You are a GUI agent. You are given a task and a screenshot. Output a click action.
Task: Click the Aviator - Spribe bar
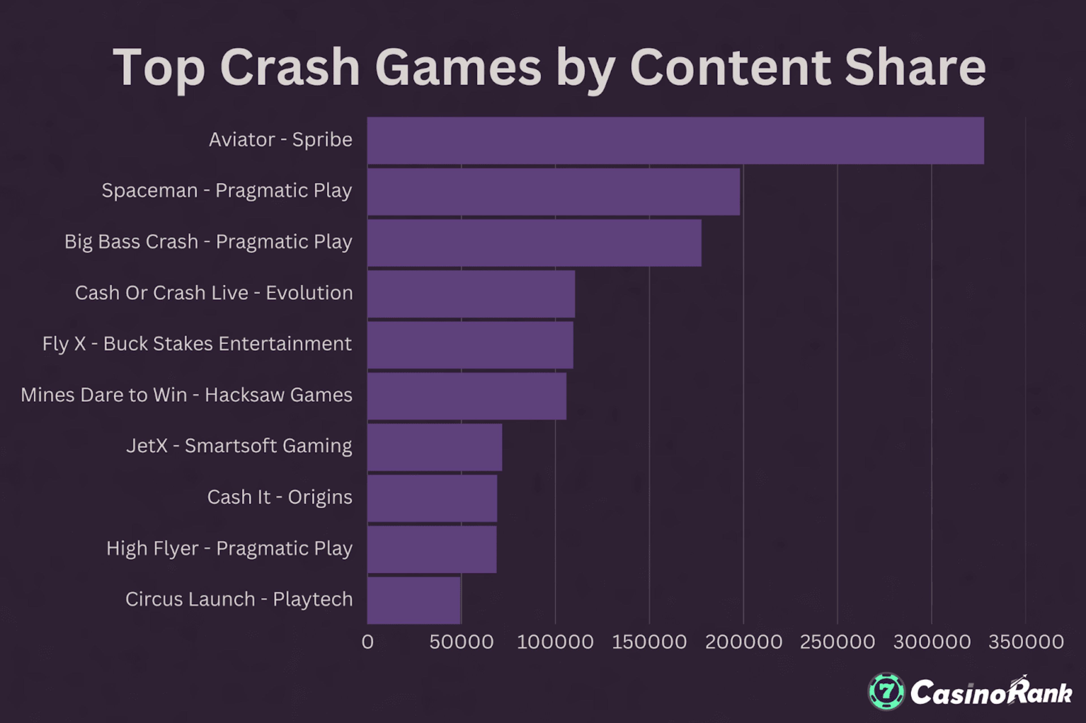pos(675,141)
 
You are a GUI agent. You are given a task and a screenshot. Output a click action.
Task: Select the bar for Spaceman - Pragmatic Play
pos(554,192)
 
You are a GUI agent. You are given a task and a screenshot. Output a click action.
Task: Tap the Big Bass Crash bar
pos(534,243)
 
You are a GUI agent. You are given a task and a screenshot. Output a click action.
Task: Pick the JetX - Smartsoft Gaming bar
pos(435,447)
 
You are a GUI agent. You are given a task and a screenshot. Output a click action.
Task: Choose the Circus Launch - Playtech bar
pos(414,600)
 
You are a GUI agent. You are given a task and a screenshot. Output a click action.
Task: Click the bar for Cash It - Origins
pos(432,499)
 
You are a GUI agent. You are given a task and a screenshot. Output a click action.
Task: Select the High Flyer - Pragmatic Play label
pos(229,549)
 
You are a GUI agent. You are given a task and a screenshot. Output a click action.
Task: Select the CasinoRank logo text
pos(991,692)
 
